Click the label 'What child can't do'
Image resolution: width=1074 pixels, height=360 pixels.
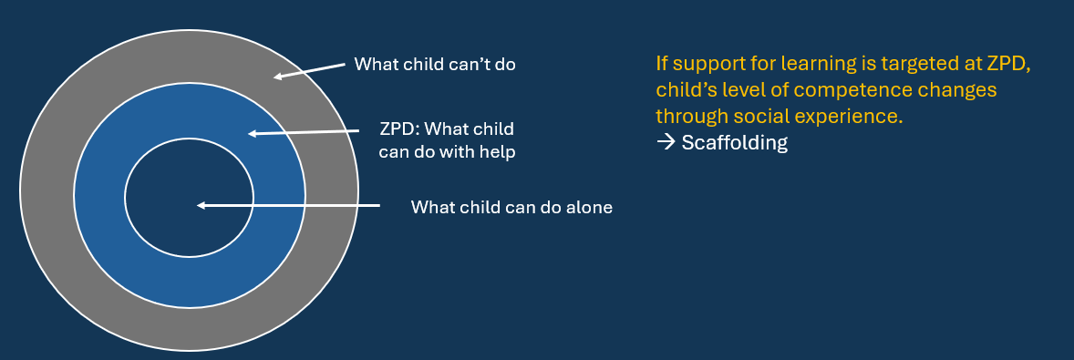click(434, 65)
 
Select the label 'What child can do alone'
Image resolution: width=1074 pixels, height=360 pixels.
click(511, 207)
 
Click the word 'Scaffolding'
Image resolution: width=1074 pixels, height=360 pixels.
click(734, 143)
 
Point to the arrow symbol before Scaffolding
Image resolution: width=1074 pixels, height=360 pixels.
click(666, 143)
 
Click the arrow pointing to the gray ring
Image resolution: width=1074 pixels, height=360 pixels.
click(309, 71)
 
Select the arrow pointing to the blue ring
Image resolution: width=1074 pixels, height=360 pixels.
click(303, 133)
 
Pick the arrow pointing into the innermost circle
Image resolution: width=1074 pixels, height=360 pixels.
click(288, 205)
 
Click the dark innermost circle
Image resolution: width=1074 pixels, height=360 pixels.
click(189, 198)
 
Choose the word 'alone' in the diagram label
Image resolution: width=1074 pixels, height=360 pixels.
click(590, 207)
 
